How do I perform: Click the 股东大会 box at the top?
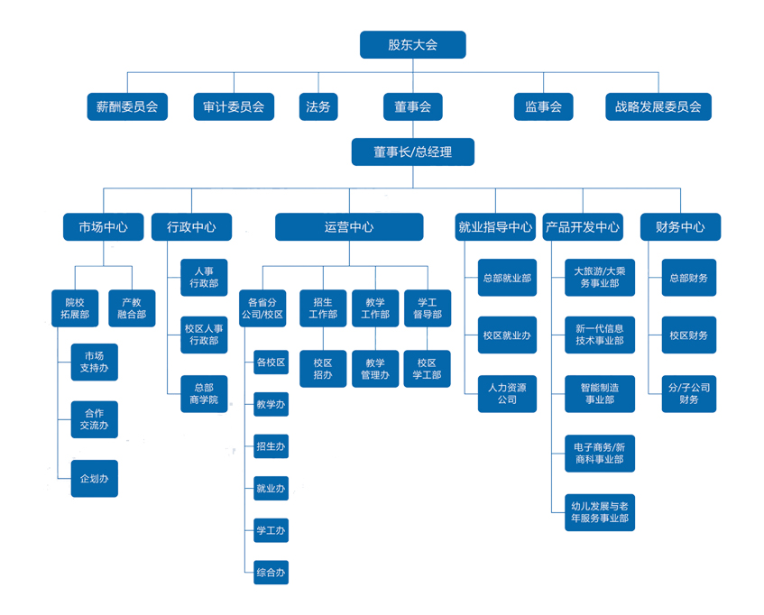pos(412,45)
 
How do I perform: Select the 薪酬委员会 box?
pos(127,106)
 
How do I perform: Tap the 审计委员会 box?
pos(234,106)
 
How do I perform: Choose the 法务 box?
pos(318,106)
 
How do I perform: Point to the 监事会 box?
pos(543,106)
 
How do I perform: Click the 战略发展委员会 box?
pos(658,106)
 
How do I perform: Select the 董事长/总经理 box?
pos(412,151)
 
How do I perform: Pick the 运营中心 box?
pos(349,227)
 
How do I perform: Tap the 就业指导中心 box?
pos(495,227)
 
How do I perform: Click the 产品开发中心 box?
pos(582,227)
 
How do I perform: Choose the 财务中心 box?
pos(680,227)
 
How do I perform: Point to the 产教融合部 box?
pos(132,308)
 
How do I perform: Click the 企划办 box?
pos(94,479)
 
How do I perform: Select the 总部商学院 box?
pos(204,393)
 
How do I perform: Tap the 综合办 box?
pos(271,572)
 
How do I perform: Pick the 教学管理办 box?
pos(375,368)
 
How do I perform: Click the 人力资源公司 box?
pos(507,393)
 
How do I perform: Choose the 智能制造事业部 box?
pos(599,393)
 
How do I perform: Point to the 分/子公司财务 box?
pos(689,393)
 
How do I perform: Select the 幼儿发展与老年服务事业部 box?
pos(599,511)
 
